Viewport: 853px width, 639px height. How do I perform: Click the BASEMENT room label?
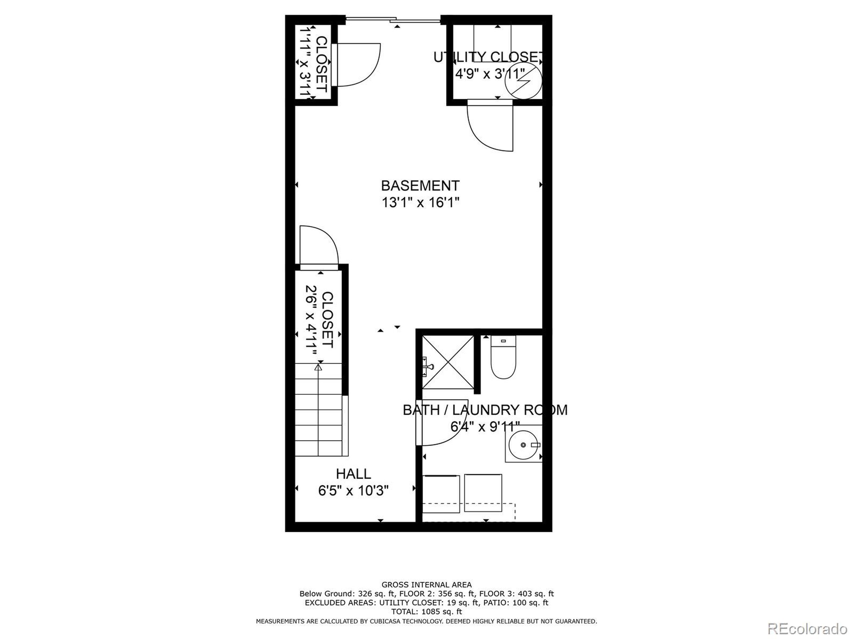tap(420, 186)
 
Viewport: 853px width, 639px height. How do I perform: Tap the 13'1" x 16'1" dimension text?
tap(420, 202)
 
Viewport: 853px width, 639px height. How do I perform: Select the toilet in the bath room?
tap(503, 357)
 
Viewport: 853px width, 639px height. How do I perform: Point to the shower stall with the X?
tap(448, 362)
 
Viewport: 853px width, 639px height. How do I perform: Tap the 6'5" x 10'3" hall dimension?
tap(353, 491)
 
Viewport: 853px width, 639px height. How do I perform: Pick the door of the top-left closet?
tap(357, 65)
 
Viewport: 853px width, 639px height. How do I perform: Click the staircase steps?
tap(319, 410)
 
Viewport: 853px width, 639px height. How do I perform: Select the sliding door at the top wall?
tap(393, 19)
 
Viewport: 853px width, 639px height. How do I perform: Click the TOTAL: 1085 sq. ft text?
tap(426, 611)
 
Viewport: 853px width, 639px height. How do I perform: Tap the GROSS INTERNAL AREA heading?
tap(426, 585)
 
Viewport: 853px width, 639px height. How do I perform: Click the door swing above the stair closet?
tap(319, 246)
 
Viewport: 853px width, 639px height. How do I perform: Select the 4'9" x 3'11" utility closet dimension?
tap(490, 74)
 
